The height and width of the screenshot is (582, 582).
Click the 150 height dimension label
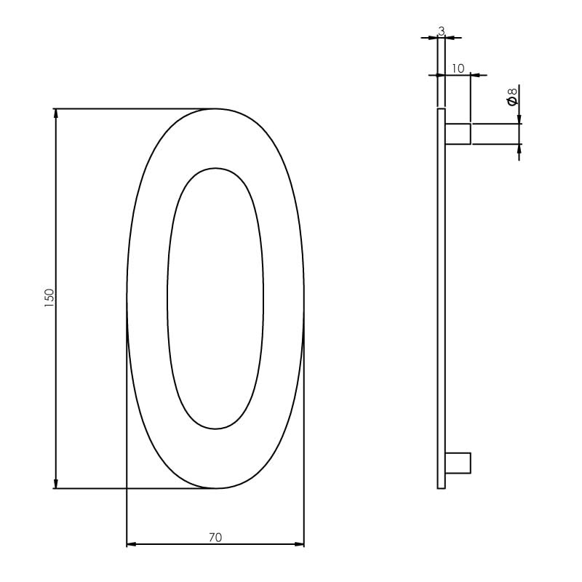(x=49, y=298)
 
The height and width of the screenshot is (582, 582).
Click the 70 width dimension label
(x=215, y=538)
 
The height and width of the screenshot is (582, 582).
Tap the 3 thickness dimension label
(x=441, y=31)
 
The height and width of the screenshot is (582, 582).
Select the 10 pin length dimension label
(x=458, y=68)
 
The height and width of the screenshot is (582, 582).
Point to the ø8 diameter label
(x=512, y=96)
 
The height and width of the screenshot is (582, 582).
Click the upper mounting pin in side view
(x=458, y=134)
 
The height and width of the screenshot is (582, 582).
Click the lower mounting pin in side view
(x=458, y=463)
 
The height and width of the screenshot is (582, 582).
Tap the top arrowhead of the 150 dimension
(x=56, y=113)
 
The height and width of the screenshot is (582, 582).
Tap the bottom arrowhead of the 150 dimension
(x=56, y=483)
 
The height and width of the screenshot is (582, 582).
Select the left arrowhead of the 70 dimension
(x=132, y=543)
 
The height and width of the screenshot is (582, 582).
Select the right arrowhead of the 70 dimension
(x=299, y=543)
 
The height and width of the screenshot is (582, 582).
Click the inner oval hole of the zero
(x=215, y=298)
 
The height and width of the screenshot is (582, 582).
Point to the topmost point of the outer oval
(x=215, y=109)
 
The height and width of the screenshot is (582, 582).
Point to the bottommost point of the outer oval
(x=215, y=488)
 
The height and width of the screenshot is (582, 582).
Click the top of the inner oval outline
(x=215, y=169)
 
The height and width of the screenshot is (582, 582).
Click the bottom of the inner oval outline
(x=215, y=428)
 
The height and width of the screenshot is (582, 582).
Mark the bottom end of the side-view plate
(x=441, y=487)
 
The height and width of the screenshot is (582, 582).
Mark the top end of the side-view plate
(x=441, y=110)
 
